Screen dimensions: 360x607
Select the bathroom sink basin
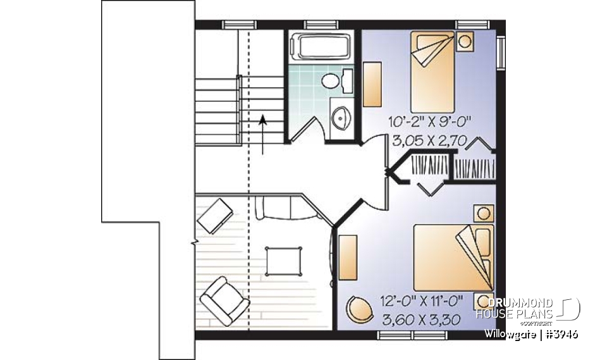pyautogui.click(x=341, y=117)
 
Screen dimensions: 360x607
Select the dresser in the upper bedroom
pyautogui.click(x=372, y=85)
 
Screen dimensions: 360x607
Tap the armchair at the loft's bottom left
pyautogui.click(x=224, y=297)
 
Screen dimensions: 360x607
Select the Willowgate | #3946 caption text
pyautogui.click(x=531, y=333)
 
